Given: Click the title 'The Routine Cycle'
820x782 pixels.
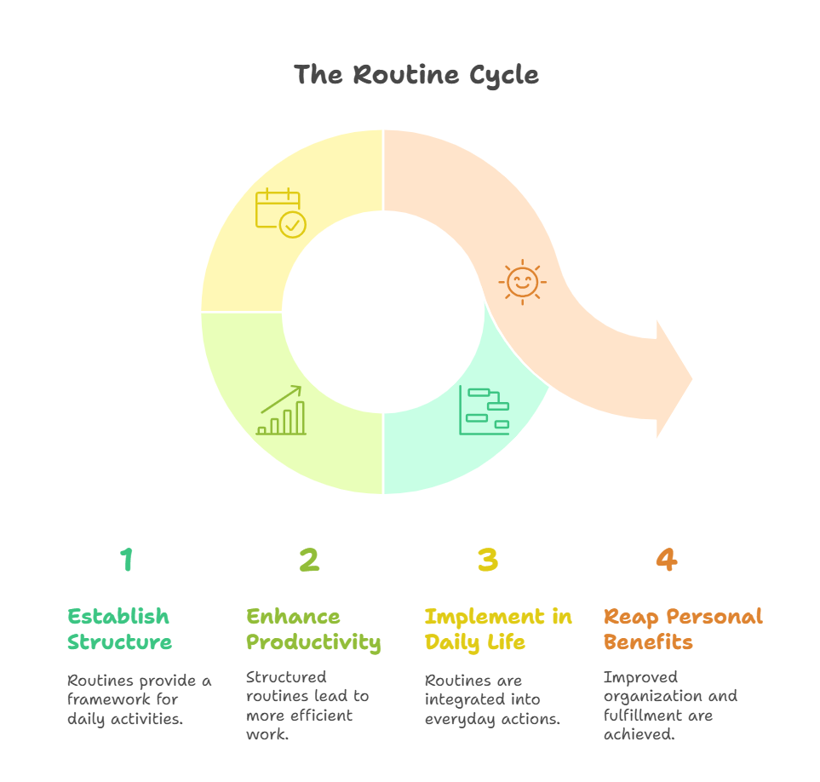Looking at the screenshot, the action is coord(416,75).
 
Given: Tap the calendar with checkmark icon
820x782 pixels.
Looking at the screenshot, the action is coord(280,212).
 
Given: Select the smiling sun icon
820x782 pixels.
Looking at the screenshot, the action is coord(522,281).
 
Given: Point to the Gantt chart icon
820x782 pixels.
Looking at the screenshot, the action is coord(484,411).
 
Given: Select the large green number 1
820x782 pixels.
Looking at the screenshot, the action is coord(127,560).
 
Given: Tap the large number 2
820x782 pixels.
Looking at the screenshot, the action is coord(308,560).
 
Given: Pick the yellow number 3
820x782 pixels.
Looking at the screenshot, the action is coord(487,560).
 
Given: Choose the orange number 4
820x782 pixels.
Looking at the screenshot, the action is coord(666,560).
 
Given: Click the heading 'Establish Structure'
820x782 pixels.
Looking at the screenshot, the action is coord(118,629).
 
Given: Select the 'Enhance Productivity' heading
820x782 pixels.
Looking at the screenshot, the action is coord(313,629).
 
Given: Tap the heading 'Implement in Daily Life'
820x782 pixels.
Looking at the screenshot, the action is coord(498,629).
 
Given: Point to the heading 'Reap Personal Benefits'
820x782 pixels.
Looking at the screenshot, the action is coord(683,629).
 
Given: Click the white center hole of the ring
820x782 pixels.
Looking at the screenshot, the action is coord(383,311).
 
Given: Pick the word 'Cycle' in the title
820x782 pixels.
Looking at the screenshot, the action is coord(503,75).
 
